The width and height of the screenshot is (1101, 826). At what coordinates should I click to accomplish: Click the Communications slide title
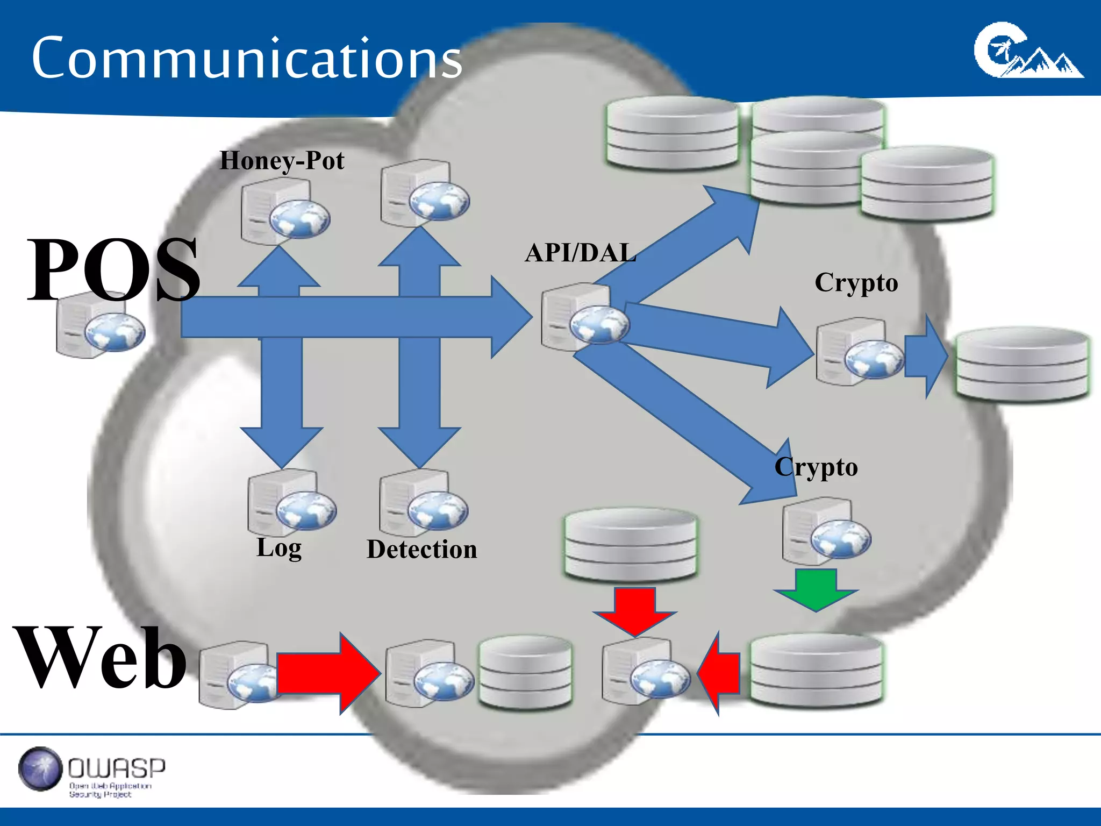[x=246, y=58]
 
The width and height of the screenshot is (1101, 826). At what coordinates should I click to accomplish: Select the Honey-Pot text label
[x=282, y=161]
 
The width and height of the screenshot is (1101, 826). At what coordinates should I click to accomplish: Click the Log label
[x=279, y=548]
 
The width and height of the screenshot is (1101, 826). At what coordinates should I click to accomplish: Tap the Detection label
[x=422, y=550]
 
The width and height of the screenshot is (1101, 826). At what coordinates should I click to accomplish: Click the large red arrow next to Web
[x=328, y=673]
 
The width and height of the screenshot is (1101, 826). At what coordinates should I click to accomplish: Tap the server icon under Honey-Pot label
[x=284, y=211]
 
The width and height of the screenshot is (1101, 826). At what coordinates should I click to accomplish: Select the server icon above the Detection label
[x=423, y=503]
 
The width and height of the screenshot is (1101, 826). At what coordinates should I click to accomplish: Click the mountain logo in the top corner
[x=1027, y=52]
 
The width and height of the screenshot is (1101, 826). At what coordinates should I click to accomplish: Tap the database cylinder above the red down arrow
[x=630, y=544]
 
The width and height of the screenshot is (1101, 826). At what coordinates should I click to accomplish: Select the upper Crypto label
[x=856, y=283]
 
